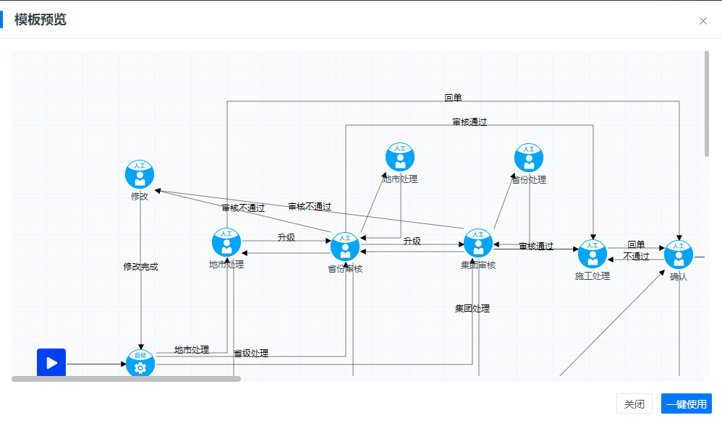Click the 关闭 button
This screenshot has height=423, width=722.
coord(634,404)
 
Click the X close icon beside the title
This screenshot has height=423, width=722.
coord(703,21)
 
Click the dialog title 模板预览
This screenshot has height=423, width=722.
coord(41,20)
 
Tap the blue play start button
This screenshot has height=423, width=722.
coord(51,362)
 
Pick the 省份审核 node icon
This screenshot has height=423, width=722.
coord(345,247)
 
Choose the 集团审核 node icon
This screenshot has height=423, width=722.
coord(477,244)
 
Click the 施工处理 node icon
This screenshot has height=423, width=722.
coord(593,255)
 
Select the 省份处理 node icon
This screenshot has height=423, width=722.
coord(529,158)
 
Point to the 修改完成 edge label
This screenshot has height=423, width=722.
coord(140,267)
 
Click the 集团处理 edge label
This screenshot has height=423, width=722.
coord(472,309)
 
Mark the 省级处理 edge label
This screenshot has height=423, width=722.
coord(251,354)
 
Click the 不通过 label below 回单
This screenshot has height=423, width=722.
coord(636,257)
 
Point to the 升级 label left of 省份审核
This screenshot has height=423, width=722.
coord(286,237)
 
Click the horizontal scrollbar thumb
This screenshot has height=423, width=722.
coord(126,378)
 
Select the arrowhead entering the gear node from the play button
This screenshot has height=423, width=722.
coord(123,364)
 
